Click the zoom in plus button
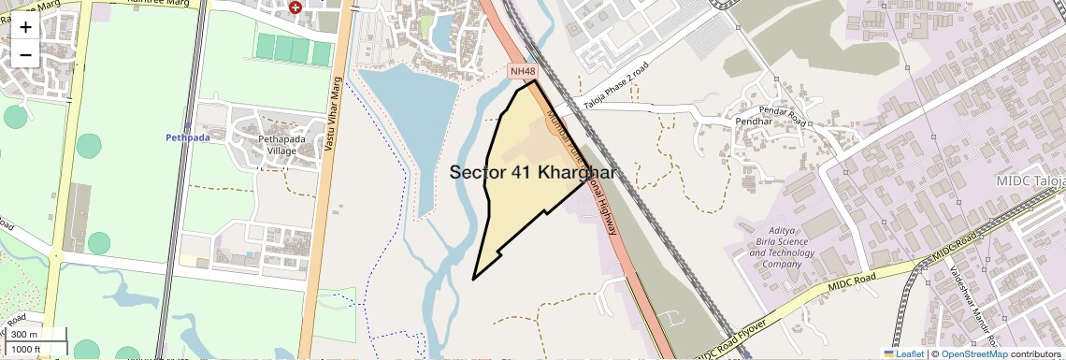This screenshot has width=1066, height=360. [25, 26]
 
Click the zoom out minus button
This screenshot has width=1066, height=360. [25, 54]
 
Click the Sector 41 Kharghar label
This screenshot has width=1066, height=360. [533, 173]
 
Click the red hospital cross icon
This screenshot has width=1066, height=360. [295, 7]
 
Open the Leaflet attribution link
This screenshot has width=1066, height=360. [903, 353]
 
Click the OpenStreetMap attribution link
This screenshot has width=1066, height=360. [973, 353]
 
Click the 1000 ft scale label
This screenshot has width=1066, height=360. [28, 349]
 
